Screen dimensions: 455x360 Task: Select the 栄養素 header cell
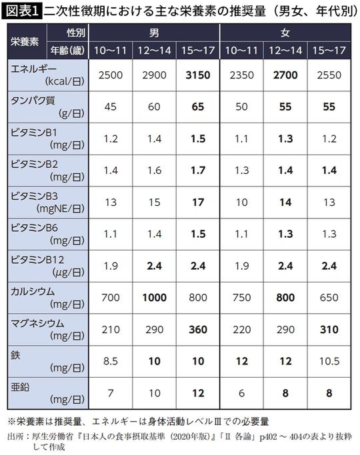(x=25, y=41)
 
